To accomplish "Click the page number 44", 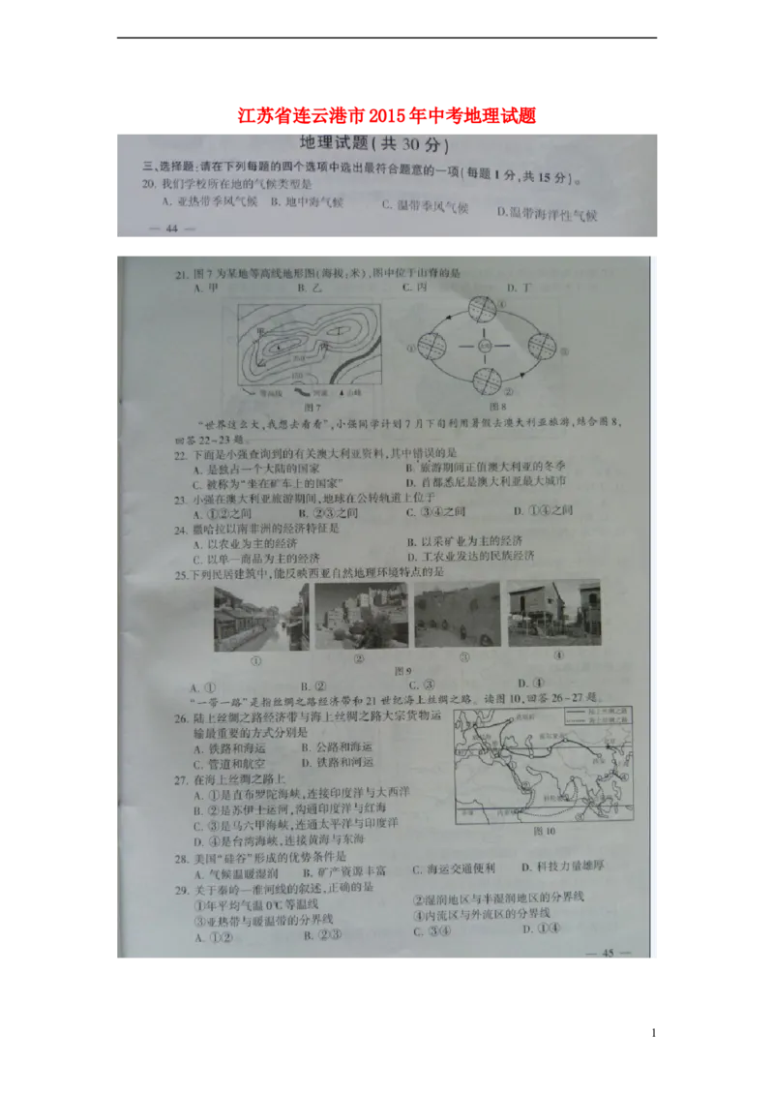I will pyautogui.click(x=172, y=228).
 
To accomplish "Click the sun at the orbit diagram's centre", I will pyautogui.click(x=486, y=346).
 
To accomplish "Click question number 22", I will pyautogui.click(x=179, y=452).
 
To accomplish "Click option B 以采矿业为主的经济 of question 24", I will pyautogui.click(x=468, y=542).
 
